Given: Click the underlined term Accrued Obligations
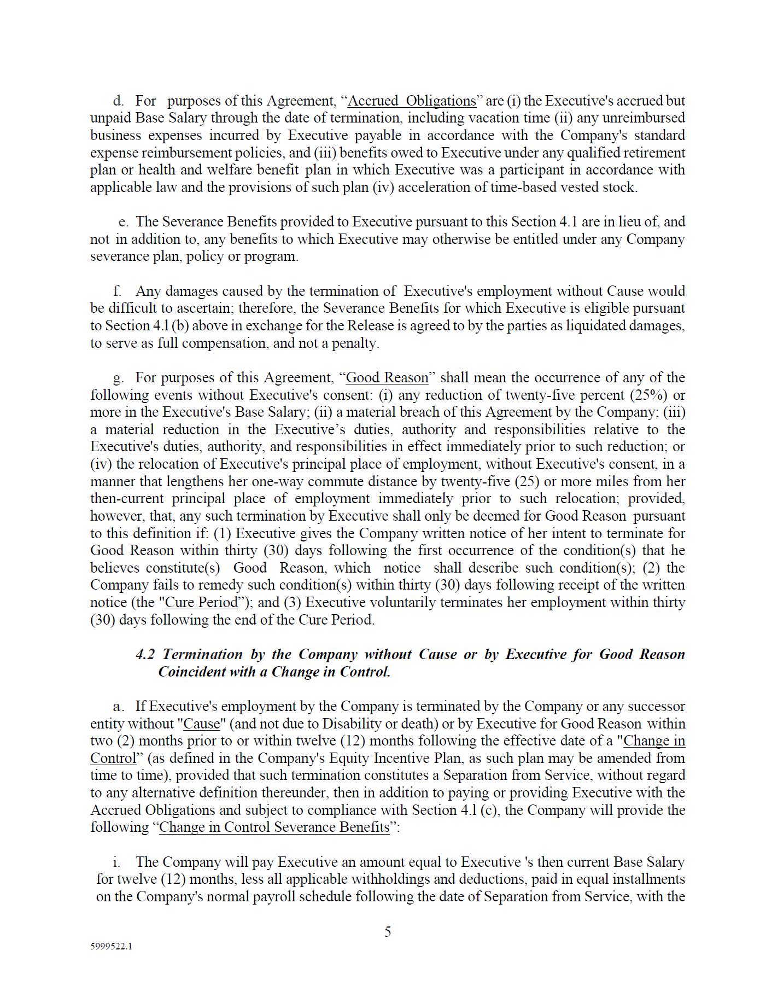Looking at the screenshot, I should tap(412, 101).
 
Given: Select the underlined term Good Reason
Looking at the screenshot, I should tap(387, 378).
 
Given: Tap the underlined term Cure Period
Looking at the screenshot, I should tap(201, 603).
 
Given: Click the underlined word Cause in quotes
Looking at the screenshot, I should tap(201, 724).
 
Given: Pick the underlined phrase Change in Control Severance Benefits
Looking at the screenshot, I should tap(274, 827).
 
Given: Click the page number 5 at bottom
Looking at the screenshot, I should tap(387, 932).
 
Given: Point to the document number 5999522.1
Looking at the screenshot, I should tap(111, 947).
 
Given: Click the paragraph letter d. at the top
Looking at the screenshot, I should tap(118, 101).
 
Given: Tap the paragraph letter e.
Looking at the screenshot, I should tap(124, 222).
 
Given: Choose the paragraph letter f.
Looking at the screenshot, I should tap(117, 292).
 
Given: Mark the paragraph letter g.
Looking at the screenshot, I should tap(118, 378).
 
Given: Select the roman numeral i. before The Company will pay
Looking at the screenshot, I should tap(116, 862).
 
